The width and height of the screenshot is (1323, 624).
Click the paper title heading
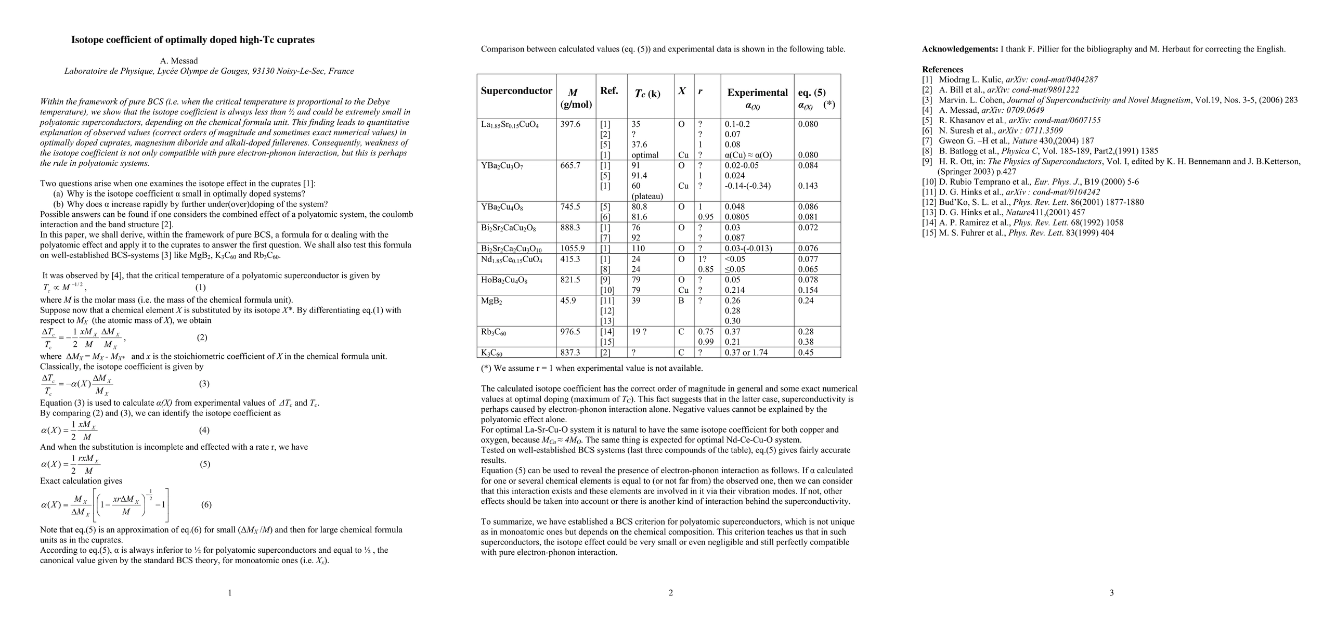click(193, 40)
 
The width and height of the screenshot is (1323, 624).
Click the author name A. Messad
click(179, 61)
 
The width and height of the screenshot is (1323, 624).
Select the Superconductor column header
click(516, 91)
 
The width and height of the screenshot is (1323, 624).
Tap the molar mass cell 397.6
click(570, 124)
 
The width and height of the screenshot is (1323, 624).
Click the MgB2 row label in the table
click(491, 301)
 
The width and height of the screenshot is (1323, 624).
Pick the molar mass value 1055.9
click(573, 249)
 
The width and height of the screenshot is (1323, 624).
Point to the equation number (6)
click(206, 504)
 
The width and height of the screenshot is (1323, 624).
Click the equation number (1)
click(201, 288)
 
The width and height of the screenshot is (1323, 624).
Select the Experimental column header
click(757, 93)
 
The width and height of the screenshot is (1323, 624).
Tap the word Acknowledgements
click(959, 49)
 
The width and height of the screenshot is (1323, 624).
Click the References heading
click(942, 70)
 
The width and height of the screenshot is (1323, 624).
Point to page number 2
click(670, 593)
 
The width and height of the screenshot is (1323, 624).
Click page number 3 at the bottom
click(1111, 593)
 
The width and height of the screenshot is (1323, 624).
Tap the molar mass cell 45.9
click(568, 301)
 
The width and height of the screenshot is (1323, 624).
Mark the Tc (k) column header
click(647, 94)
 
